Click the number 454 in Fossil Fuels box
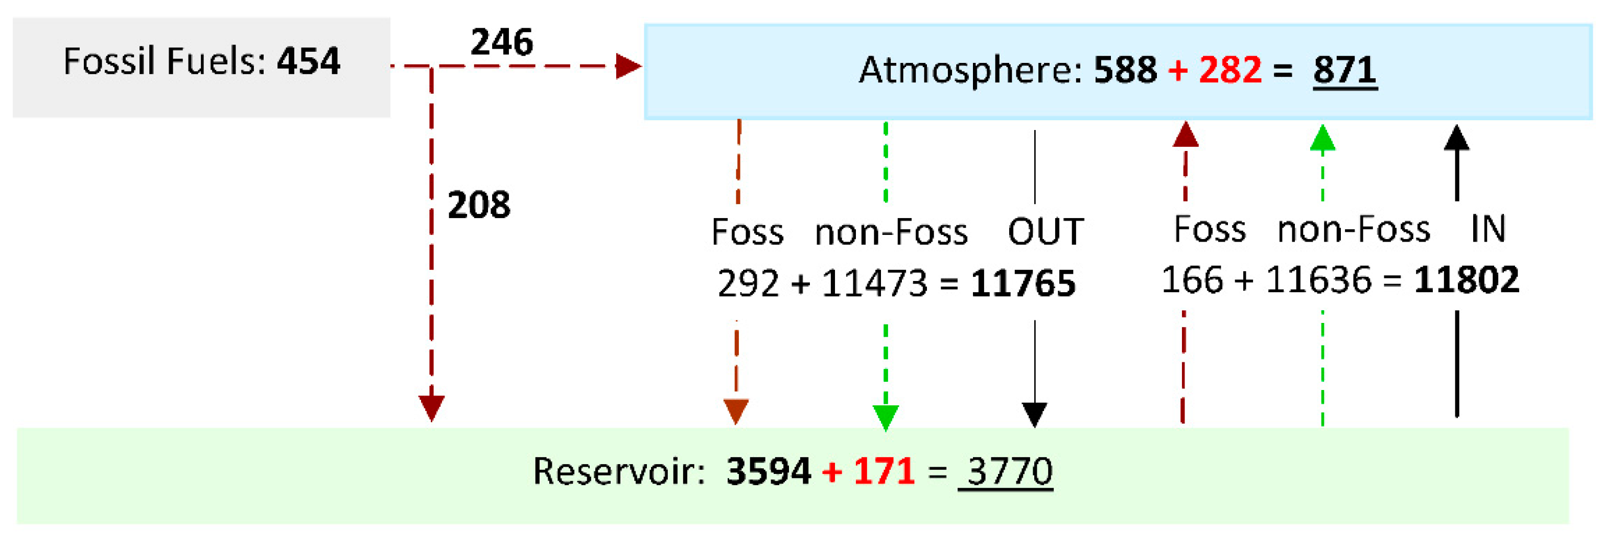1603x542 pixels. [x=309, y=62]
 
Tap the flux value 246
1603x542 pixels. [x=502, y=42]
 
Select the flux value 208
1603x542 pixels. [x=478, y=205]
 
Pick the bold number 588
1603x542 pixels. [x=1125, y=70]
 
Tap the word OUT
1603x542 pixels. [x=1046, y=232]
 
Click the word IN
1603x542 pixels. [x=1488, y=229]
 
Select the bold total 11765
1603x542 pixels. [x=1023, y=284]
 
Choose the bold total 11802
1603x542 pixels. [x=1466, y=280]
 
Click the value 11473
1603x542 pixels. [x=874, y=284]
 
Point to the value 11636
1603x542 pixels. [x=1318, y=280]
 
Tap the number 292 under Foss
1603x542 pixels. [x=748, y=284]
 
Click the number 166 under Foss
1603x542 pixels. [x=1192, y=280]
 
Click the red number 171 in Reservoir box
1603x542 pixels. [x=884, y=471]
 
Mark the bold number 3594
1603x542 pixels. [x=769, y=471]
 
